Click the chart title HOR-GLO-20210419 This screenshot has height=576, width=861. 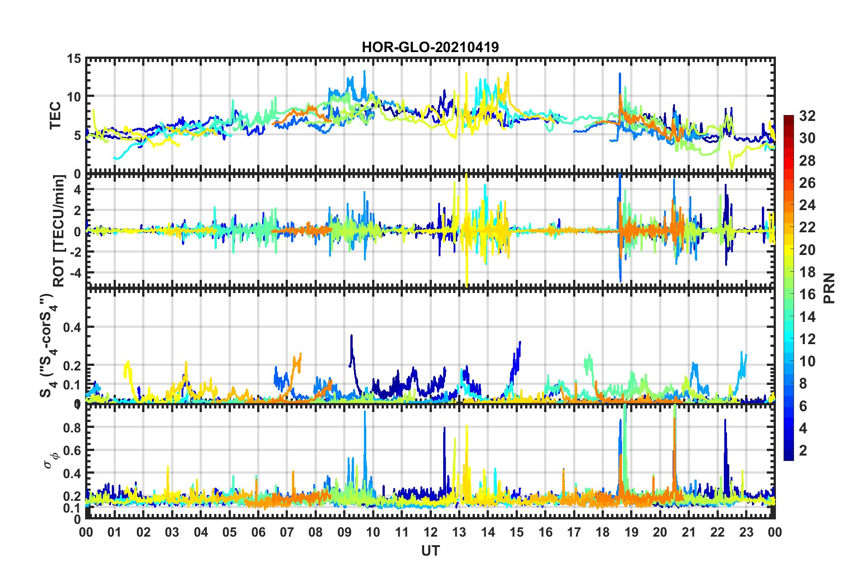pos(430,47)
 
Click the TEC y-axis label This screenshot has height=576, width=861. pos(55,115)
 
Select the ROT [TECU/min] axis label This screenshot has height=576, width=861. pos(59,230)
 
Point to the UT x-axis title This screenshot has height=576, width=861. pos(430,551)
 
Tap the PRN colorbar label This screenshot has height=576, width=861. pos(829,288)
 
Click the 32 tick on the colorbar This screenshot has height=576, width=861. pos(807,116)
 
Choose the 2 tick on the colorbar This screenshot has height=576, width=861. pos(803,450)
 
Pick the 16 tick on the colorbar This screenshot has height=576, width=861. pos(807,294)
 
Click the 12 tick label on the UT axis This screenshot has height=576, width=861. pos(430,532)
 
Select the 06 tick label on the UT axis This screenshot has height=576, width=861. pos(258,532)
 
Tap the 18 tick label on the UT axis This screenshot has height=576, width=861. pos(603,532)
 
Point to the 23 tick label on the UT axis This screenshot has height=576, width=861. pos(746,532)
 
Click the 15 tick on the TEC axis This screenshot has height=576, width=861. pos(74,59)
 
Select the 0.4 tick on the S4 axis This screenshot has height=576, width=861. pos(72,327)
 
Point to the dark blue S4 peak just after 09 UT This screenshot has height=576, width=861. pos(351,336)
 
